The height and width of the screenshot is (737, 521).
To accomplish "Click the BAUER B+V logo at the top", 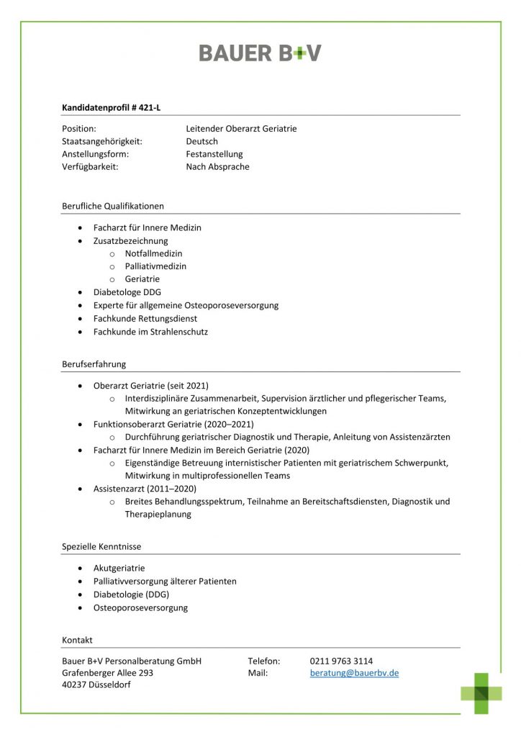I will click(260, 53).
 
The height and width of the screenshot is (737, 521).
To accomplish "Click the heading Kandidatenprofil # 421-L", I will click(111, 107).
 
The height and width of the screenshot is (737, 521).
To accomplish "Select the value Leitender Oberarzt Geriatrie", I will click(241, 129).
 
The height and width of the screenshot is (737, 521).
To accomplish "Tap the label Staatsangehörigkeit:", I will click(102, 142).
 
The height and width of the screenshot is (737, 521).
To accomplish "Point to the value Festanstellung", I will click(214, 154).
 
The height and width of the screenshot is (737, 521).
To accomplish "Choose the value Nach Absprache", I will click(217, 167).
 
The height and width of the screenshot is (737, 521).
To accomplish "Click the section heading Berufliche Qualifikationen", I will click(113, 206).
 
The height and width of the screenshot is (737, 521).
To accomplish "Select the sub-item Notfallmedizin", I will click(153, 253).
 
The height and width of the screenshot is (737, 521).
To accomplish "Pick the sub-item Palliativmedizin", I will click(155, 266).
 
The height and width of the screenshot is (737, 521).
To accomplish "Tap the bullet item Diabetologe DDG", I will click(127, 292).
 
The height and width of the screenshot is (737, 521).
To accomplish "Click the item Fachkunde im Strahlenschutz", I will click(150, 332).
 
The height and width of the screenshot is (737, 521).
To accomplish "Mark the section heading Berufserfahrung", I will click(94, 364).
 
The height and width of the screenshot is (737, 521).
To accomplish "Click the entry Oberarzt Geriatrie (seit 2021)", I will click(150, 386).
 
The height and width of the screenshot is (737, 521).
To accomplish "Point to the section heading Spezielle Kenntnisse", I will click(101, 547).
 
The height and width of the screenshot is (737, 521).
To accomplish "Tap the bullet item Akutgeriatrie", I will click(119, 568).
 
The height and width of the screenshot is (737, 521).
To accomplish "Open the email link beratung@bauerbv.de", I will click(354, 673).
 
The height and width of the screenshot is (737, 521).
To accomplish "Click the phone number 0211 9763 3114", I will click(341, 661).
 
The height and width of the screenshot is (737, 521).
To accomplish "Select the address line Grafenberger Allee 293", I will click(107, 673).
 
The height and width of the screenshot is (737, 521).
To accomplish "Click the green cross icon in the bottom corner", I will click(481, 692).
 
